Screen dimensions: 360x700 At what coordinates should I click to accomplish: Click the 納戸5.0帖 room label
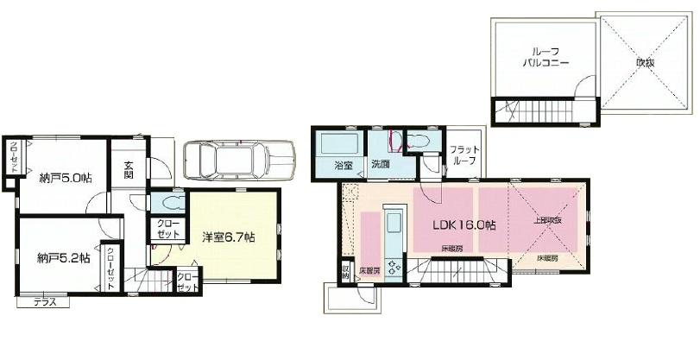point(66,178)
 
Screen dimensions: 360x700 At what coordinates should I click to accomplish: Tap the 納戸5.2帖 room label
point(64,258)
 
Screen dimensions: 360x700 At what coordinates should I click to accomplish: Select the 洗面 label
point(381,164)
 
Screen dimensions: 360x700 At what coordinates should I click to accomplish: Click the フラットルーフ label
point(464,156)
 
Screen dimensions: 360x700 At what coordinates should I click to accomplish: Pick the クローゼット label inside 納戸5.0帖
point(14,157)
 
